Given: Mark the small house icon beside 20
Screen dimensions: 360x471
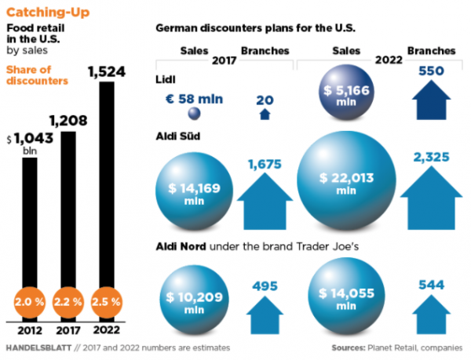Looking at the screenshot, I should point(265,114).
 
